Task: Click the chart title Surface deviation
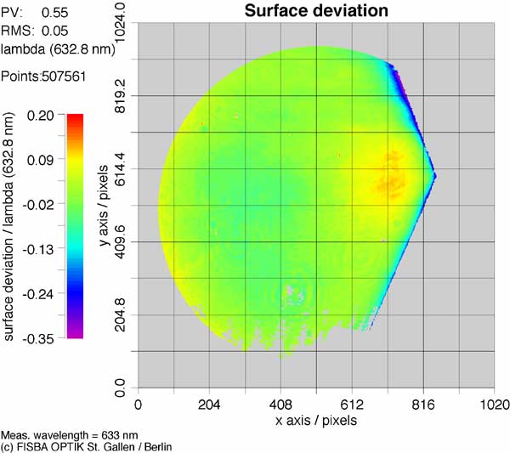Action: [316, 11]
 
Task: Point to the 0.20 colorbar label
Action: [41, 116]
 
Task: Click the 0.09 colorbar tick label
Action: [41, 160]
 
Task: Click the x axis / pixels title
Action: [316, 420]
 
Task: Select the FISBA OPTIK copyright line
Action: [87, 447]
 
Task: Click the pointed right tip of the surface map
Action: [435, 176]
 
